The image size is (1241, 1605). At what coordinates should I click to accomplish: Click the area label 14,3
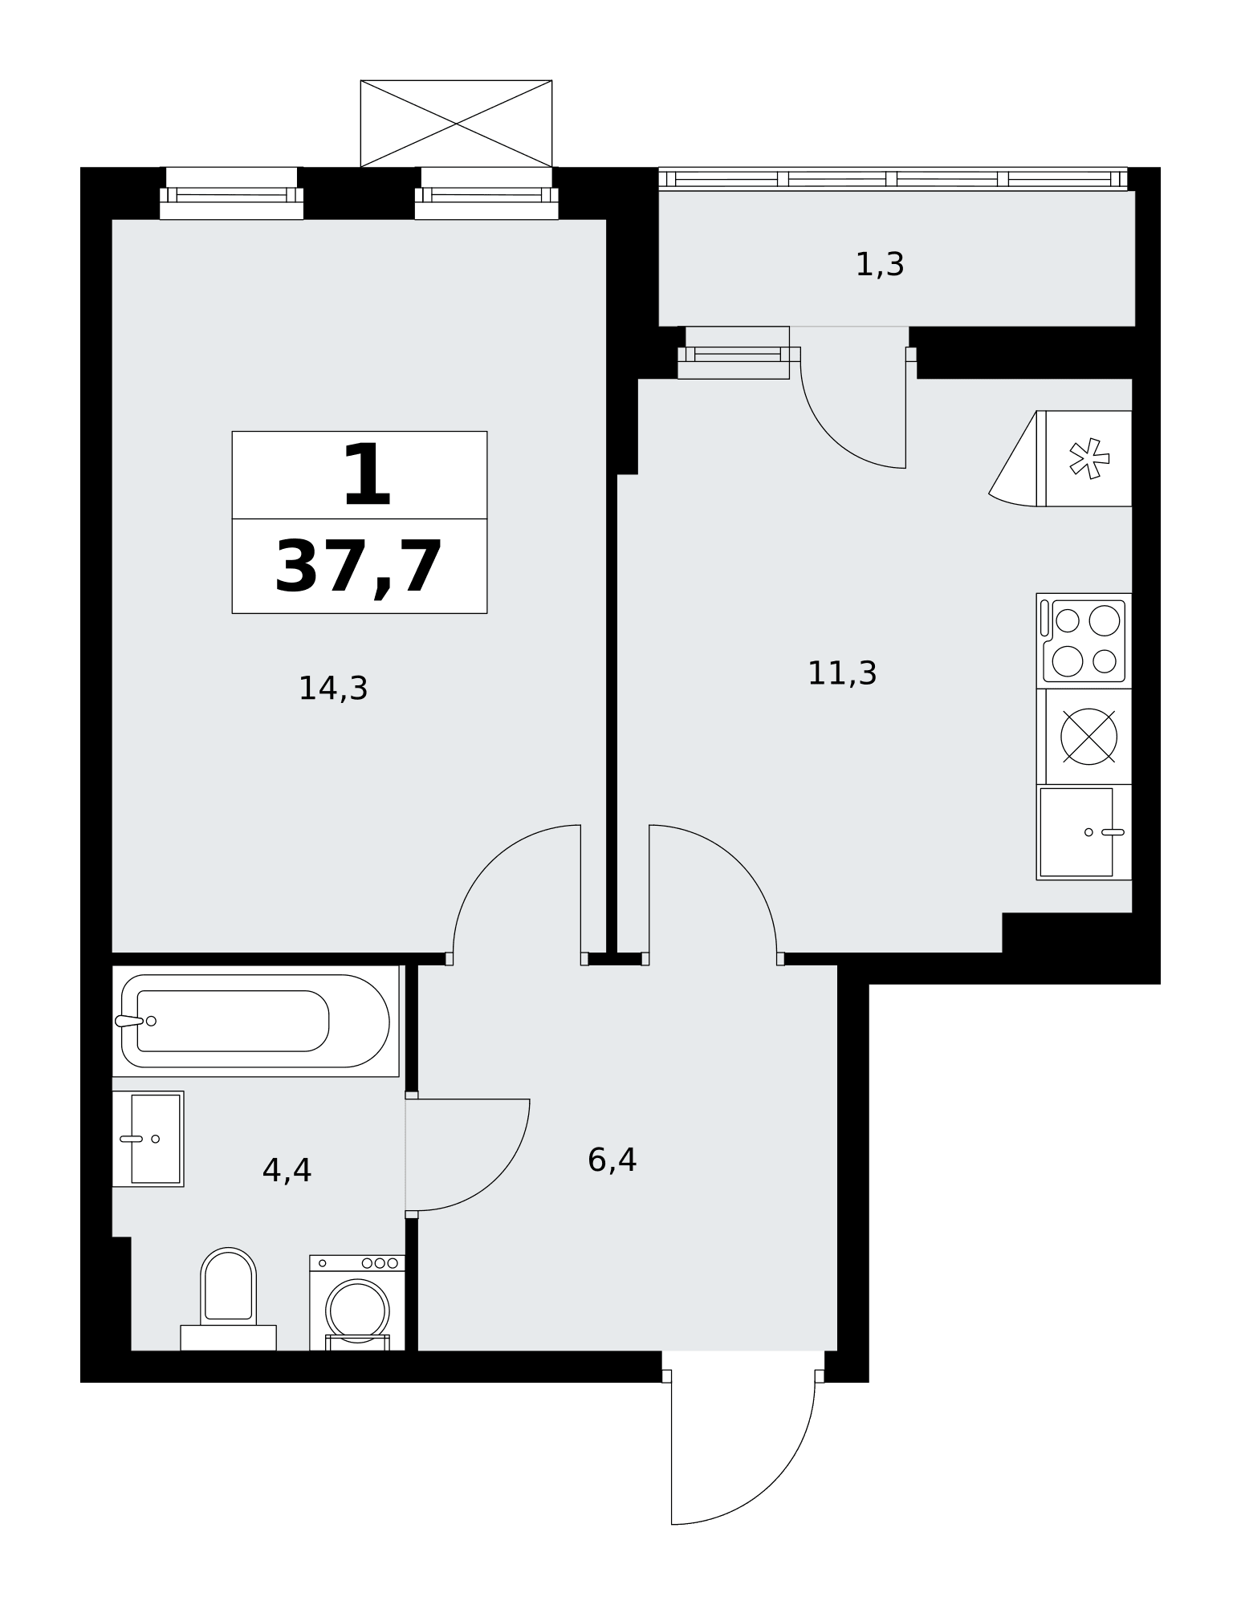click(x=332, y=689)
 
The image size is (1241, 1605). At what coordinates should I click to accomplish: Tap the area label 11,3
click(x=841, y=673)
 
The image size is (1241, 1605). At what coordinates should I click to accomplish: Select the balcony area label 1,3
click(x=880, y=264)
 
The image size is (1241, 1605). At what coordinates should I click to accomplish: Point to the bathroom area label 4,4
click(x=287, y=1171)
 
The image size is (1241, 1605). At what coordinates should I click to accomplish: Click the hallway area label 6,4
click(x=612, y=1160)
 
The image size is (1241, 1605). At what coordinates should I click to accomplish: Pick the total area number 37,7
click(x=359, y=567)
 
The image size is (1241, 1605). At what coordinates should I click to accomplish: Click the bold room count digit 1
click(x=367, y=475)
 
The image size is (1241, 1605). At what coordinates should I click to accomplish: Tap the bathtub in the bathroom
click(x=255, y=1021)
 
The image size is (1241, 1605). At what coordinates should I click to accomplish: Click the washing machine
click(x=357, y=1302)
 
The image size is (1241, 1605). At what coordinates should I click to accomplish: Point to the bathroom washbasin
click(x=149, y=1139)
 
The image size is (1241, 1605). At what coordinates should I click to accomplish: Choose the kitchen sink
click(x=1084, y=832)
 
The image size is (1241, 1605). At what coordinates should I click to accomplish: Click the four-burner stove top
click(x=1084, y=641)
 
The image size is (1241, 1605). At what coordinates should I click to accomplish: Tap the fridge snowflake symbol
click(x=1089, y=459)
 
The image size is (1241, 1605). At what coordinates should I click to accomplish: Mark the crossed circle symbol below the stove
click(x=1088, y=737)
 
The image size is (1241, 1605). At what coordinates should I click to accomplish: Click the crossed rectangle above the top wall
click(x=456, y=124)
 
